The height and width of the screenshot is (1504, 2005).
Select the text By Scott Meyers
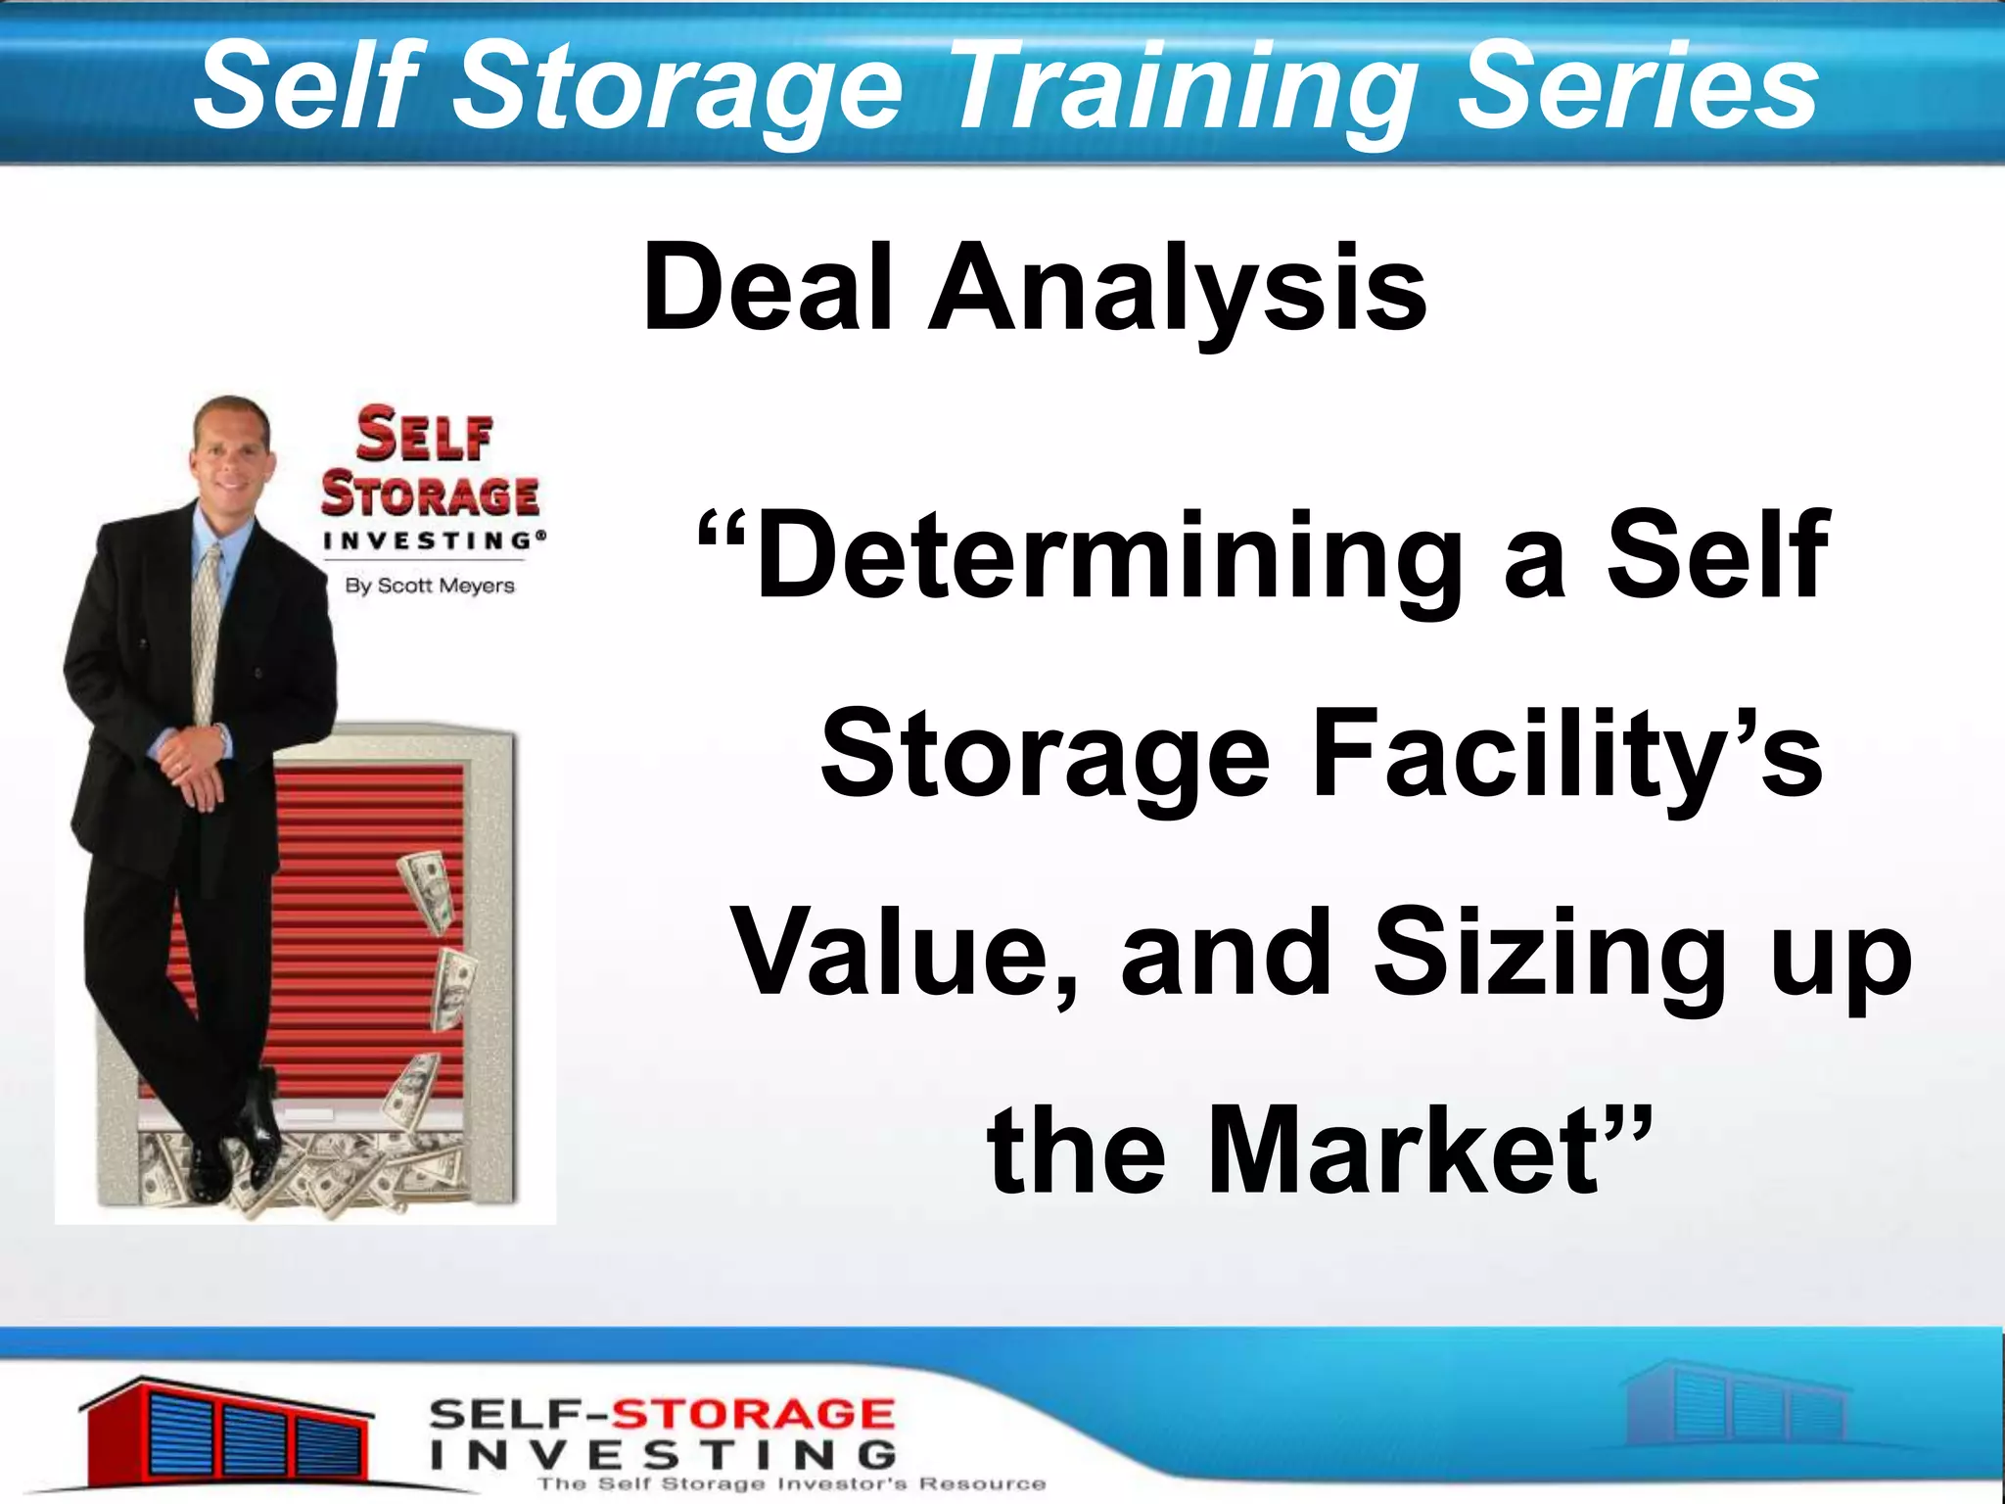[x=429, y=586]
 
